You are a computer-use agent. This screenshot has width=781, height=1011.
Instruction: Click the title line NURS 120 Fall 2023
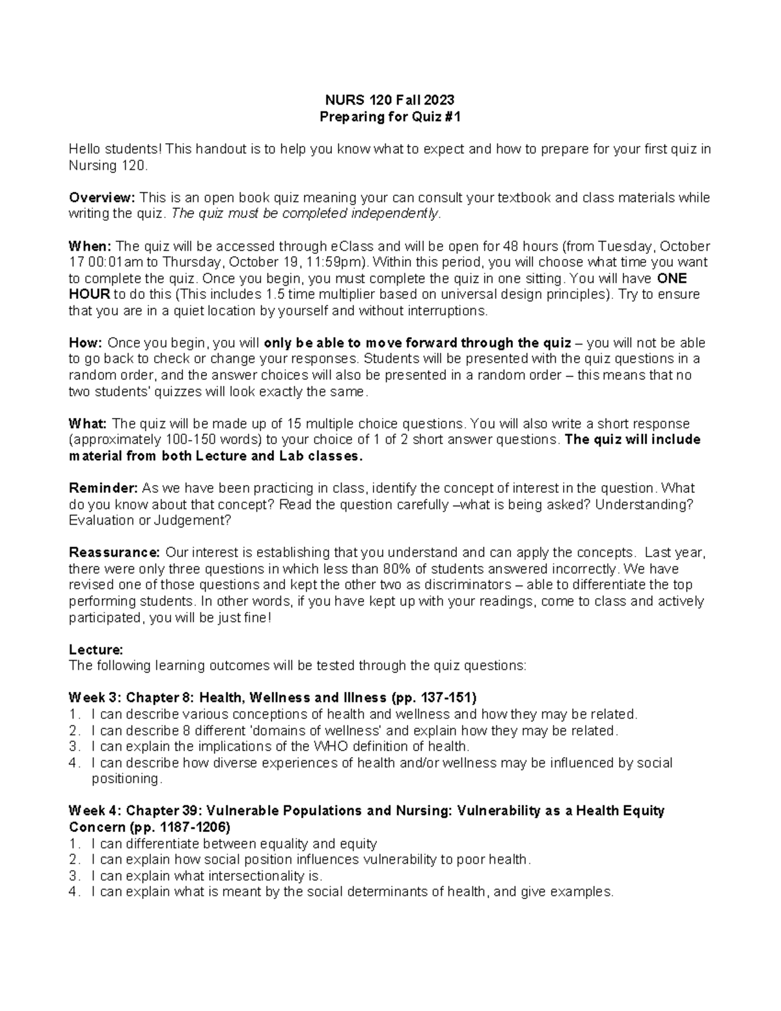[390, 100]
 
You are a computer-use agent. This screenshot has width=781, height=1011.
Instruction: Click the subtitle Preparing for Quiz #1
[390, 117]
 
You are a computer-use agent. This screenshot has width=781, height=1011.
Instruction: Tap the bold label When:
[90, 246]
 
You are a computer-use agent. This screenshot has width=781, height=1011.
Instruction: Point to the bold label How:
[85, 343]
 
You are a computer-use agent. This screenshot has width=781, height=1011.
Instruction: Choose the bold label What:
[88, 424]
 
